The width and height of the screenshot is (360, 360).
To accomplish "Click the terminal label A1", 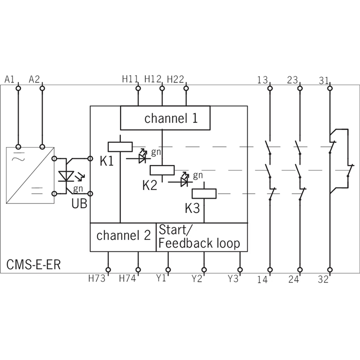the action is click(x=9, y=80).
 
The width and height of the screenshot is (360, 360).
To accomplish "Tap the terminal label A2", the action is click(x=34, y=80).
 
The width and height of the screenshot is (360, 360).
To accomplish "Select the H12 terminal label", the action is click(x=153, y=79).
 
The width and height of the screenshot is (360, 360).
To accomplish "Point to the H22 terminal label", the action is click(x=175, y=80).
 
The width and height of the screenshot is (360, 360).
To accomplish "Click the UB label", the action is click(x=79, y=204).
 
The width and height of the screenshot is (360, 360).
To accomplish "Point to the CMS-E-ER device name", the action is click(x=33, y=265).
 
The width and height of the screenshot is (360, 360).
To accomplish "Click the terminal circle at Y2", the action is click(x=204, y=270).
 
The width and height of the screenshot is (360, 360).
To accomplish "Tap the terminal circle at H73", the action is click(x=108, y=270).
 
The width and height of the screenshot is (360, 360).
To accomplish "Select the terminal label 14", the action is click(x=262, y=279).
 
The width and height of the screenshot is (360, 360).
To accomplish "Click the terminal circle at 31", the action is click(x=330, y=88).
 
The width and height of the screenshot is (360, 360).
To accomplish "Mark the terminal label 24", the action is click(x=294, y=279).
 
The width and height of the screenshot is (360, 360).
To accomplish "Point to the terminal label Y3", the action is click(x=233, y=279).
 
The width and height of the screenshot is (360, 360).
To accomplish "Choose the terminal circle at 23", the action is click(x=300, y=88).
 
